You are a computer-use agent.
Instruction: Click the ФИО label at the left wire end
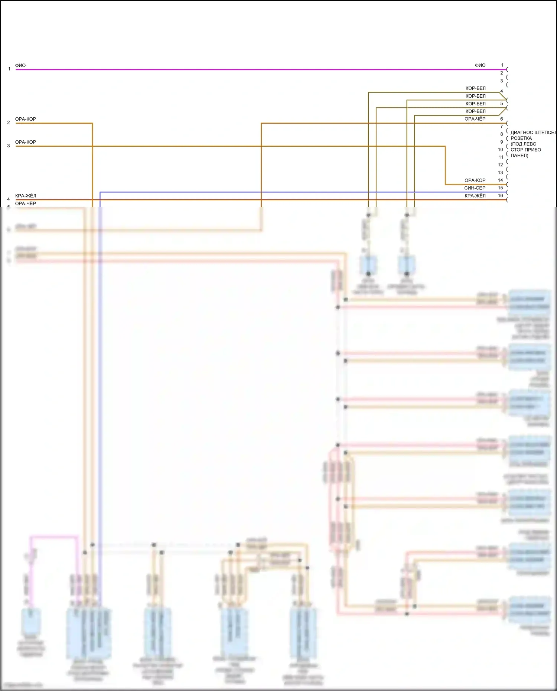point(20,65)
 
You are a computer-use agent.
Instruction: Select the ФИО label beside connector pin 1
point(480,65)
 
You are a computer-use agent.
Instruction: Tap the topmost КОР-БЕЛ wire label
point(475,88)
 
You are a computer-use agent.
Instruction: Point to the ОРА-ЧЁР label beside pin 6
point(475,119)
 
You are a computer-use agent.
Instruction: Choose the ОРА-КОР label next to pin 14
point(475,180)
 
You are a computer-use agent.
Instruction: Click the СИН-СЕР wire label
point(475,188)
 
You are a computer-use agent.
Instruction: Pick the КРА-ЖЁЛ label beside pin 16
point(475,196)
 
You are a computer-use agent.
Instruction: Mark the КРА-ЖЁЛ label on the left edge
point(26,196)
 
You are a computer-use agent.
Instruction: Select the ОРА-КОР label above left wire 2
point(26,119)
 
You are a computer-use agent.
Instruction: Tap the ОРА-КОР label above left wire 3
point(26,142)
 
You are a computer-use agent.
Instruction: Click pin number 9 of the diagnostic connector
point(501,142)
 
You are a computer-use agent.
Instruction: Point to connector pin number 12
point(501,165)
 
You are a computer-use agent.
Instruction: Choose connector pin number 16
point(501,196)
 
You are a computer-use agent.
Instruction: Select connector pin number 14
point(501,180)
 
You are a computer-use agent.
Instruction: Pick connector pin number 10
point(501,150)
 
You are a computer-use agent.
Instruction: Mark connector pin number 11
point(501,157)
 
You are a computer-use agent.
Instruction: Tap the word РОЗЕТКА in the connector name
point(521,138)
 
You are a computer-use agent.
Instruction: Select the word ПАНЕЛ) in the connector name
point(519,156)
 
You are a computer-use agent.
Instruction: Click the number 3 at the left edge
point(9,146)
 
